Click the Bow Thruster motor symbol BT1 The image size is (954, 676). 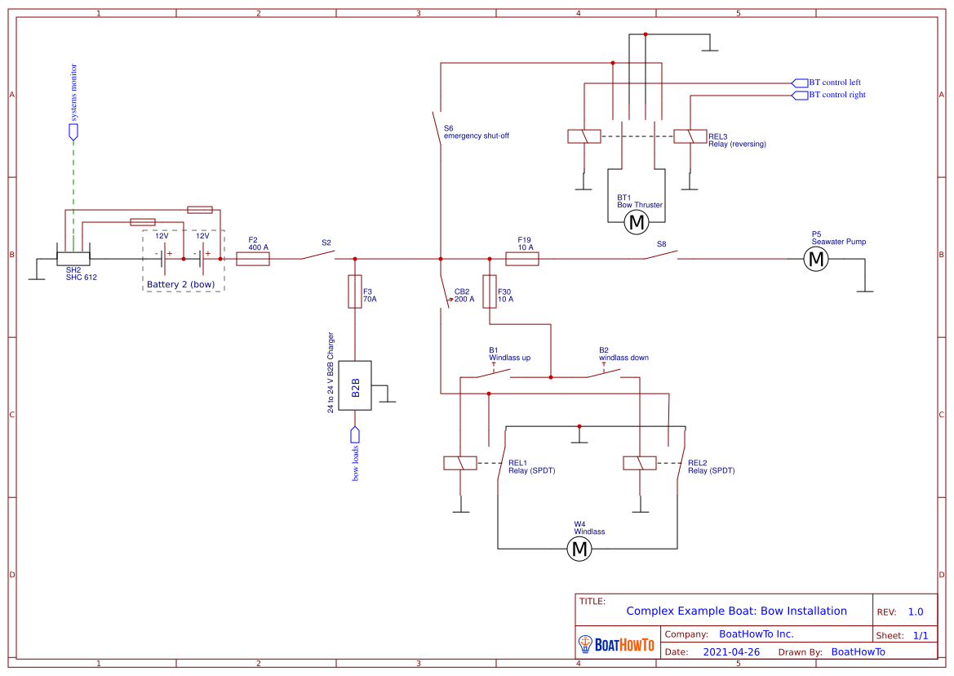[636, 222]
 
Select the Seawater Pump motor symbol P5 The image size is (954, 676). [815, 259]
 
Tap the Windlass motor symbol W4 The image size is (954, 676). [579, 549]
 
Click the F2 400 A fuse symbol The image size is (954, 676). [253, 259]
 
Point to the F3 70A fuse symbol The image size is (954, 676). [355, 291]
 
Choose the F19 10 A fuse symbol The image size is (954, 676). [522, 259]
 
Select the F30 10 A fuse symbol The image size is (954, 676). [490, 291]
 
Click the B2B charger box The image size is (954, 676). [355, 386]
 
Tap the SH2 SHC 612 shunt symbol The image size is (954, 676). [73, 257]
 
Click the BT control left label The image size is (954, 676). [834, 82]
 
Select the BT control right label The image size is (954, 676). [836, 95]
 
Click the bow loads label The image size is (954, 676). [355, 462]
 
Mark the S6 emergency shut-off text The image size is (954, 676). [476, 136]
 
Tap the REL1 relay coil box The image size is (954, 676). [460, 463]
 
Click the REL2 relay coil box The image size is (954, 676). [640, 463]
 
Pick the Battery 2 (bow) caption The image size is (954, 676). [180, 284]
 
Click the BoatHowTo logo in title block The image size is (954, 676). [616, 644]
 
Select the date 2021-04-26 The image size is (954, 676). [731, 652]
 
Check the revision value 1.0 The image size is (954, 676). [916, 612]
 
